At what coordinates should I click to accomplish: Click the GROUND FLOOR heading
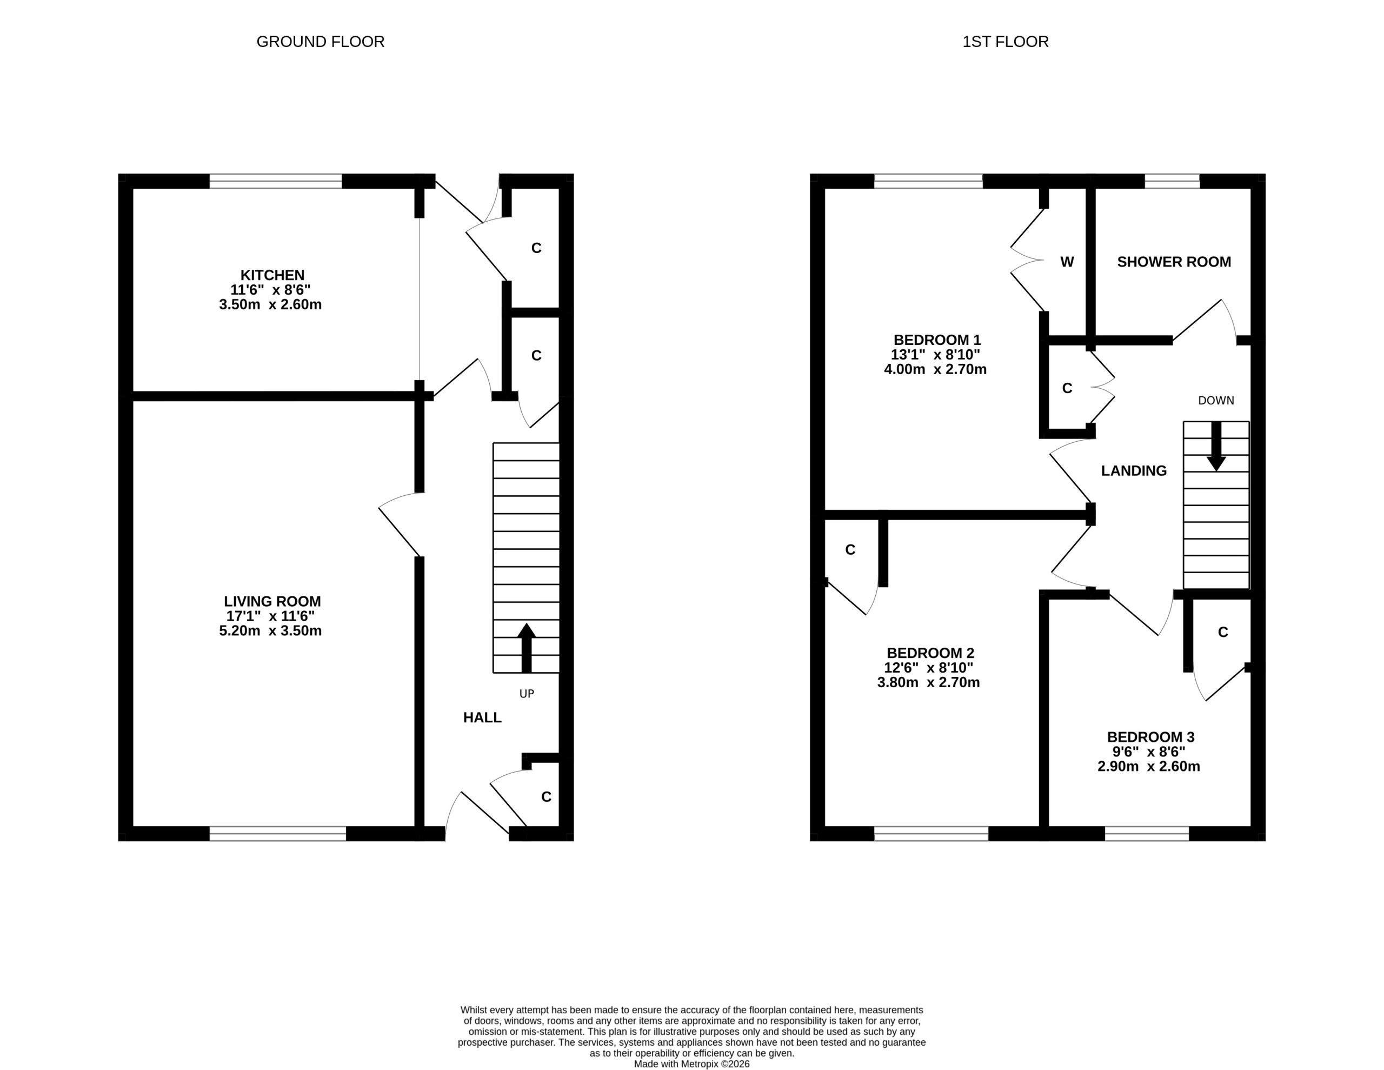tap(320, 42)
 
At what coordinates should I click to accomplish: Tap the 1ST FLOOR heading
tap(1005, 42)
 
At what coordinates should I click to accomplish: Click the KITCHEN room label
tap(272, 275)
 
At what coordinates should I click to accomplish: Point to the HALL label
tap(482, 717)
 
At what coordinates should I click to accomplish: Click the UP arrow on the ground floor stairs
tap(526, 648)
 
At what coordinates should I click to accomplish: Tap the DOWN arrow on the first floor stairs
tap(1216, 446)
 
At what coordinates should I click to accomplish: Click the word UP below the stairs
tap(527, 694)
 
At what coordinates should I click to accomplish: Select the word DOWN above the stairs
tap(1216, 401)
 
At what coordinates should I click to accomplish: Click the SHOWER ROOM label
tap(1174, 262)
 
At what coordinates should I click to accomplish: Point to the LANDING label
tap(1134, 471)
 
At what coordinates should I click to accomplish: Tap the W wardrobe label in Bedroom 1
tap(1067, 262)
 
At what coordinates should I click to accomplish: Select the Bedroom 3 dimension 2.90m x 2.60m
tap(1149, 766)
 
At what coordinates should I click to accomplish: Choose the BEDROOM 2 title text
tap(930, 653)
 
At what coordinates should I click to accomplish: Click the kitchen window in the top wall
tap(276, 181)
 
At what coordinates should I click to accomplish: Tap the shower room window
tap(1172, 181)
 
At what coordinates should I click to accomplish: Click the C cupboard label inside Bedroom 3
tap(1223, 632)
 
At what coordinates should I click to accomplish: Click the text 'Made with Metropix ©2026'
tap(692, 1064)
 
